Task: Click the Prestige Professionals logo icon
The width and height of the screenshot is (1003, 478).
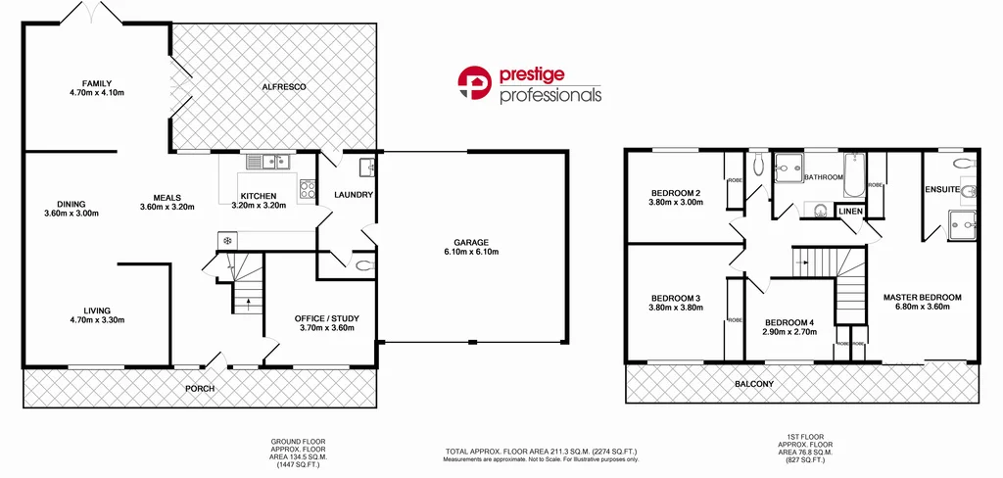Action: [x=475, y=84]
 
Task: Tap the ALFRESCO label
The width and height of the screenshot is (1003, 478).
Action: [x=284, y=87]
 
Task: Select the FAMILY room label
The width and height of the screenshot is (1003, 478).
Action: [x=97, y=82]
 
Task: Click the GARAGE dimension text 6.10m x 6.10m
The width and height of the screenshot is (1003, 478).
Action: [x=470, y=252]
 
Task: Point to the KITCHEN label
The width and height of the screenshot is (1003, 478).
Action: [x=259, y=196]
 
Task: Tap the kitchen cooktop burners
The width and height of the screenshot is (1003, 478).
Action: [x=307, y=187]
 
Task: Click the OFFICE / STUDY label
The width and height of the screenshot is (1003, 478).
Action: [x=324, y=317]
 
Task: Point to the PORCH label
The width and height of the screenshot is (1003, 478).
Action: [x=200, y=389]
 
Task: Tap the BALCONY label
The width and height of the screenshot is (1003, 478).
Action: [x=753, y=384]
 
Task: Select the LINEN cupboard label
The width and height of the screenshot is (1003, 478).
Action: [x=850, y=212]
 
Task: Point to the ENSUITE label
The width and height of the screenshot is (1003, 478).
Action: [x=942, y=189]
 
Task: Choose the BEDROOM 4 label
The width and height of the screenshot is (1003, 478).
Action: [x=789, y=323]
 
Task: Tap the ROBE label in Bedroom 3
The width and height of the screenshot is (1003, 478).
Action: [x=734, y=319]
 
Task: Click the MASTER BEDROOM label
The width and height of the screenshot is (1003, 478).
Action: [x=922, y=297]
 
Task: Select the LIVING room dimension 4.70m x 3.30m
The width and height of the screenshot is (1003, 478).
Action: [x=97, y=319]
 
